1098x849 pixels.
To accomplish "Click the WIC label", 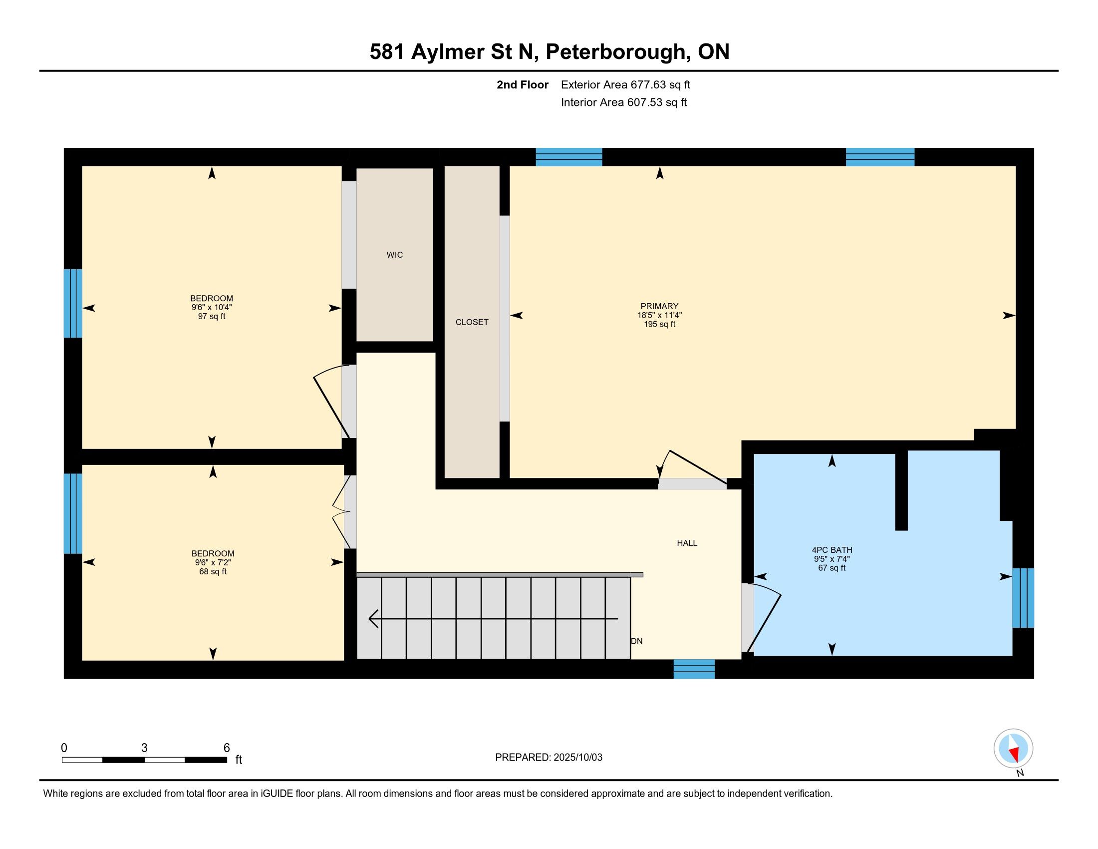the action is (395, 255).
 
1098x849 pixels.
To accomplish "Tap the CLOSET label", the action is (472, 323).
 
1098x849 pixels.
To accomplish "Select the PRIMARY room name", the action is (660, 306).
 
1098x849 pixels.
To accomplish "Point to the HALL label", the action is (687, 543).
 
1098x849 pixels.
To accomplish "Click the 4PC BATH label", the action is (832, 550).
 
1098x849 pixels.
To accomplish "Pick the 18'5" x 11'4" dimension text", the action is (660, 315).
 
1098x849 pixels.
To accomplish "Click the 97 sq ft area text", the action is (212, 316).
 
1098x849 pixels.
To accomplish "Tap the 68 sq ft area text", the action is (213, 571).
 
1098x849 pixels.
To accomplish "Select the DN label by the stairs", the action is (636, 641).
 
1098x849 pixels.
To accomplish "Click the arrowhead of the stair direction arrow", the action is (373, 619).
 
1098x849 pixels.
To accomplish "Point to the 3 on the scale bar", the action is (144, 748).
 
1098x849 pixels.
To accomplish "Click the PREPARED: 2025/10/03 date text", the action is (549, 758).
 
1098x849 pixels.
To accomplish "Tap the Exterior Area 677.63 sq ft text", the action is (625, 84).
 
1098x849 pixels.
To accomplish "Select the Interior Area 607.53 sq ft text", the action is (624, 102).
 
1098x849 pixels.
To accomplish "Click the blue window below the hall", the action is (694, 669).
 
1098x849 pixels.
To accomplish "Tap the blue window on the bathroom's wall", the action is (1023, 598).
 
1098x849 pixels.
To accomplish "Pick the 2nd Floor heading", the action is (523, 84).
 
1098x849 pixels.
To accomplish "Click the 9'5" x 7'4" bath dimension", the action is (832, 559).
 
